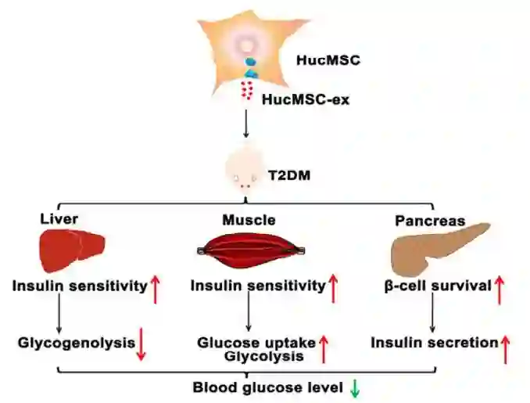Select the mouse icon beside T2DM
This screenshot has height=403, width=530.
coord(245,172)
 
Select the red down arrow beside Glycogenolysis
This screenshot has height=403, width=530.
coord(141,344)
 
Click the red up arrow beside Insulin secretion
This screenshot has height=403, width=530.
coord(505,347)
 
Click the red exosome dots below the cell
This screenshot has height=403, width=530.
coord(249,91)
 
